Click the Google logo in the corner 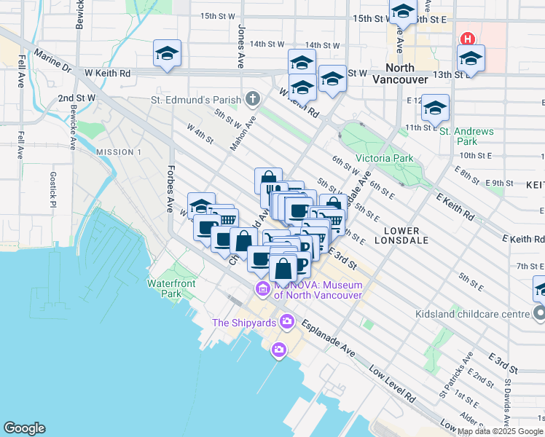pos(25,428)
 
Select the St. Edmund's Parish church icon pos(253,98)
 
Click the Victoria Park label pos(384,158)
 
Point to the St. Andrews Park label pos(466,136)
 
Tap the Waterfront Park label pos(164,288)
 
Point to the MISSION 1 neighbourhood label pos(118,151)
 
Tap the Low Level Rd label pos(392,385)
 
